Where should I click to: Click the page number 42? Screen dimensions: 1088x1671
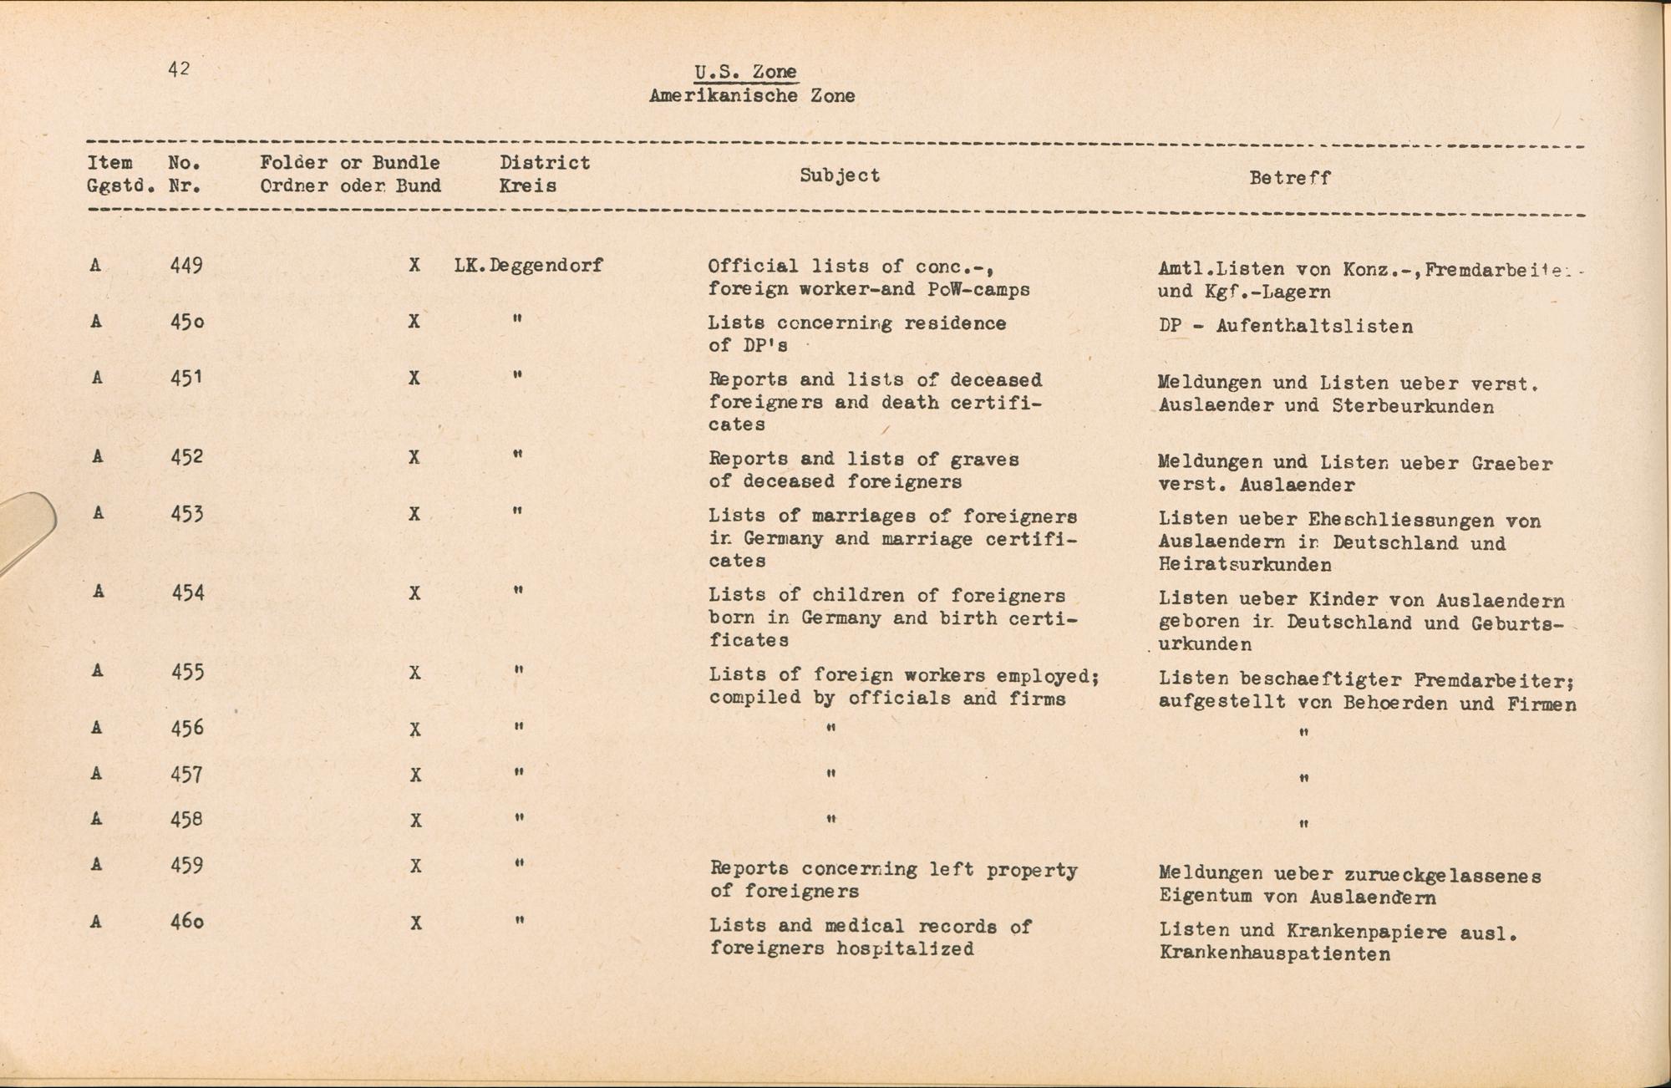[x=179, y=69]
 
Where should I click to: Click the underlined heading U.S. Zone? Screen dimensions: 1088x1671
[x=745, y=72]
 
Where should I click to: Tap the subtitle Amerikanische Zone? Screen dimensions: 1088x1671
[x=751, y=96]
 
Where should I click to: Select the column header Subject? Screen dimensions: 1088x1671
[x=840, y=175]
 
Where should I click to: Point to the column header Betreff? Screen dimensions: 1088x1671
[x=1289, y=178]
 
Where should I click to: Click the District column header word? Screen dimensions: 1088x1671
[x=545, y=163]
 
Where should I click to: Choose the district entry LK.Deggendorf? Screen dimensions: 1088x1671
[x=528, y=267]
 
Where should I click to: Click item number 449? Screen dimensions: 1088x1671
[x=186, y=266]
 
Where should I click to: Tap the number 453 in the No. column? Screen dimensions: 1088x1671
[x=186, y=514]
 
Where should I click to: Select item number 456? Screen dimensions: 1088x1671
[x=186, y=728]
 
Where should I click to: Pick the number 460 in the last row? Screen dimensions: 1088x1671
[x=187, y=922]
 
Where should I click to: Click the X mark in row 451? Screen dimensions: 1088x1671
[x=414, y=379]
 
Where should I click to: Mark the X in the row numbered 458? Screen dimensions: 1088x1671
[x=414, y=821]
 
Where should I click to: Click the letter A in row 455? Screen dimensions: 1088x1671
[x=98, y=671]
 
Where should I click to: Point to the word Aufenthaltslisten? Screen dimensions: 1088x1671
[x=1314, y=327]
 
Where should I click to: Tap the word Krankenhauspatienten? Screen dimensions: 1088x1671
[x=1274, y=954]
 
